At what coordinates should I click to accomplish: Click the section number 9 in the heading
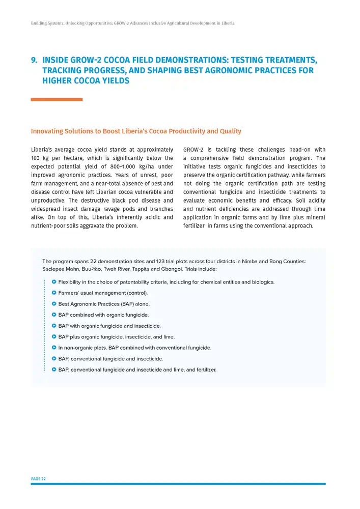click(34, 60)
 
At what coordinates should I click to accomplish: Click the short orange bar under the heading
click(57, 99)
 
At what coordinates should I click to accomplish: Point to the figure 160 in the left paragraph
click(36, 158)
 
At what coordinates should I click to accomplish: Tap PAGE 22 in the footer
click(38, 479)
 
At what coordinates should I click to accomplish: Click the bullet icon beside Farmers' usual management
click(54, 293)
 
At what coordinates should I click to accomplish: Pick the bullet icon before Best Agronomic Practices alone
click(54, 304)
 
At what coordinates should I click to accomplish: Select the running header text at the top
click(132, 23)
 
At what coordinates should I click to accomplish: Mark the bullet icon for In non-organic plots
click(54, 348)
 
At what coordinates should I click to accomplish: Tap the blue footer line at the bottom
click(178, 484)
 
